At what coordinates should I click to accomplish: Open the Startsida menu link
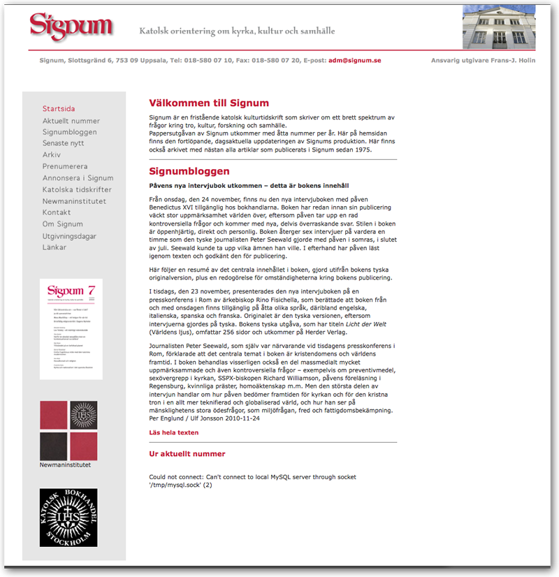pyautogui.click(x=59, y=109)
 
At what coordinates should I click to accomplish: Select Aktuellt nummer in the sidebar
pyautogui.click(x=71, y=121)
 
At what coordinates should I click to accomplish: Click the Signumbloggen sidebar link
pyautogui.click(x=70, y=132)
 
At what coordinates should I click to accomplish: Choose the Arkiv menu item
pyautogui.click(x=52, y=155)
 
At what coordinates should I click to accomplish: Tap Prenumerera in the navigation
pyautogui.click(x=65, y=167)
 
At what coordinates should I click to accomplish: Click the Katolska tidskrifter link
pyautogui.click(x=77, y=190)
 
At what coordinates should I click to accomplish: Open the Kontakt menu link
pyautogui.click(x=57, y=212)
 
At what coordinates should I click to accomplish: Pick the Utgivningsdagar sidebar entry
pyautogui.click(x=69, y=237)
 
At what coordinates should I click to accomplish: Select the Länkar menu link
pyautogui.click(x=55, y=247)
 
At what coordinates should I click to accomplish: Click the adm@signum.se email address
pyautogui.click(x=354, y=61)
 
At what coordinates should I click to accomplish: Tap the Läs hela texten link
pyautogui.click(x=174, y=432)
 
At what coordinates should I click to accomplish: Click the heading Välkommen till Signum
pyautogui.click(x=209, y=103)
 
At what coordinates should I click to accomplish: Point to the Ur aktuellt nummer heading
pyautogui.click(x=187, y=453)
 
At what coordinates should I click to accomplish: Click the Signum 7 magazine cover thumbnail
pyautogui.click(x=71, y=329)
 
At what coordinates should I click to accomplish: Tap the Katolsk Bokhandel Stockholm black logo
pyautogui.click(x=68, y=518)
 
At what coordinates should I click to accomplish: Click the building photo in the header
pyautogui.click(x=499, y=27)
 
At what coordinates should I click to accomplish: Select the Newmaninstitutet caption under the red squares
pyautogui.click(x=65, y=465)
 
